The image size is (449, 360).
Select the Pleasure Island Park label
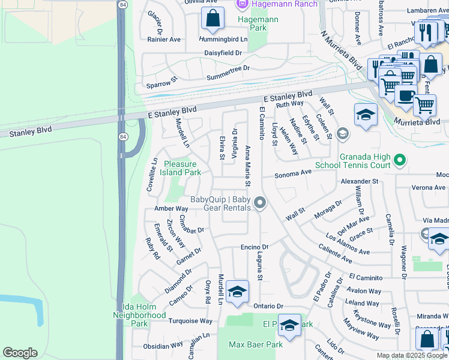pos(181,167)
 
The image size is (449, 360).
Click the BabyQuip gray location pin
pos(259,204)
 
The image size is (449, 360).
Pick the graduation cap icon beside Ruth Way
pos(366,115)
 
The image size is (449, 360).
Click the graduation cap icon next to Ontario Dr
pos(238,292)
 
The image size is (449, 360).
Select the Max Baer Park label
pos(255,344)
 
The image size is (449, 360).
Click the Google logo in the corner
pos(20,353)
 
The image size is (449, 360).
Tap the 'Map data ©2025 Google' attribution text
pos(412,355)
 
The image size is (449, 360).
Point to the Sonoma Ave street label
pos(294,172)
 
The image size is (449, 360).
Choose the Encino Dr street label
pos(254,247)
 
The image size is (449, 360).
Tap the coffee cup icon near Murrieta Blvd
pos(405,95)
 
